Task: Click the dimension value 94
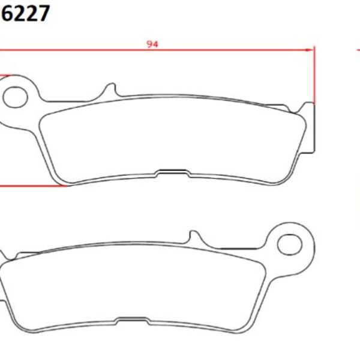[x=153, y=43]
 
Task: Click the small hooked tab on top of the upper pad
[x=110, y=91]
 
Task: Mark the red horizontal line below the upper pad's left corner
[x=30, y=185]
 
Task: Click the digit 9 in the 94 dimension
[x=149, y=43]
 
